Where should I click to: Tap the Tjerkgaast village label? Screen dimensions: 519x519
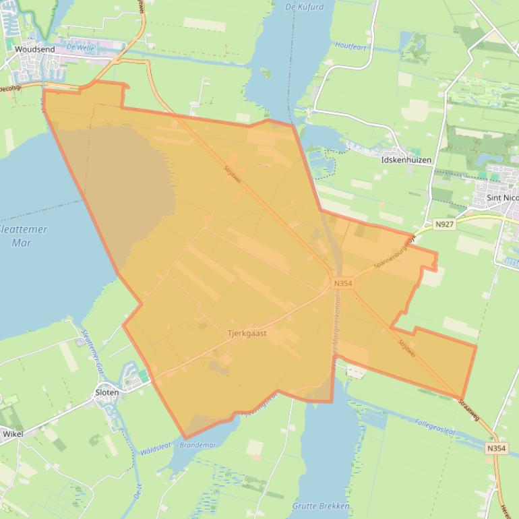pos(247,333)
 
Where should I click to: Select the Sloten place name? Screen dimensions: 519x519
pos(107,392)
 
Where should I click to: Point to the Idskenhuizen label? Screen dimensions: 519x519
pos(406,160)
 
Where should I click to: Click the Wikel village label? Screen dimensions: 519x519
pos(13,434)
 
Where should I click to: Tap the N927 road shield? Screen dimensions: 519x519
pos(444,224)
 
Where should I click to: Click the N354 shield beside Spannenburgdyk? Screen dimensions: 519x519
pos(342,284)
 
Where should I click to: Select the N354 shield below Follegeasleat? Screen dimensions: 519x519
pos(495,448)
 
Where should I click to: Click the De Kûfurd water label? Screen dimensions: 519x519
pos(305,7)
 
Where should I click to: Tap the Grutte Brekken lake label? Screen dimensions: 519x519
pos(321,506)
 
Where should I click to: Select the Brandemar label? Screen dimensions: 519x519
pos(198,445)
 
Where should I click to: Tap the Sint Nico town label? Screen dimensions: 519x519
pos(502,197)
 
